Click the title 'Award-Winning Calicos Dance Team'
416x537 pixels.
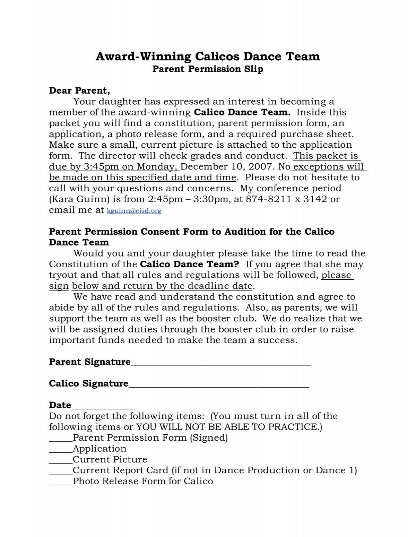coord(208,56)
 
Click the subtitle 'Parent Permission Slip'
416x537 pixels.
coord(208,69)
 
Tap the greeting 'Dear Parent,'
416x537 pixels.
coord(79,91)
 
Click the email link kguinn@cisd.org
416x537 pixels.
coord(134,211)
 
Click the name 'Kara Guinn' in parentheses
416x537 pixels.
coord(78,199)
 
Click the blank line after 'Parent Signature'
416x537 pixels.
coord(221,363)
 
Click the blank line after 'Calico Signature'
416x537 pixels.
coord(218,385)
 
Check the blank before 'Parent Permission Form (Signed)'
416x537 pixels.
coord(61,439)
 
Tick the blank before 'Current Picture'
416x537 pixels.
coord(61,461)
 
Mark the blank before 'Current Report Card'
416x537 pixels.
coord(61,472)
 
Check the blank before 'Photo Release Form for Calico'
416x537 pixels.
coord(61,483)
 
